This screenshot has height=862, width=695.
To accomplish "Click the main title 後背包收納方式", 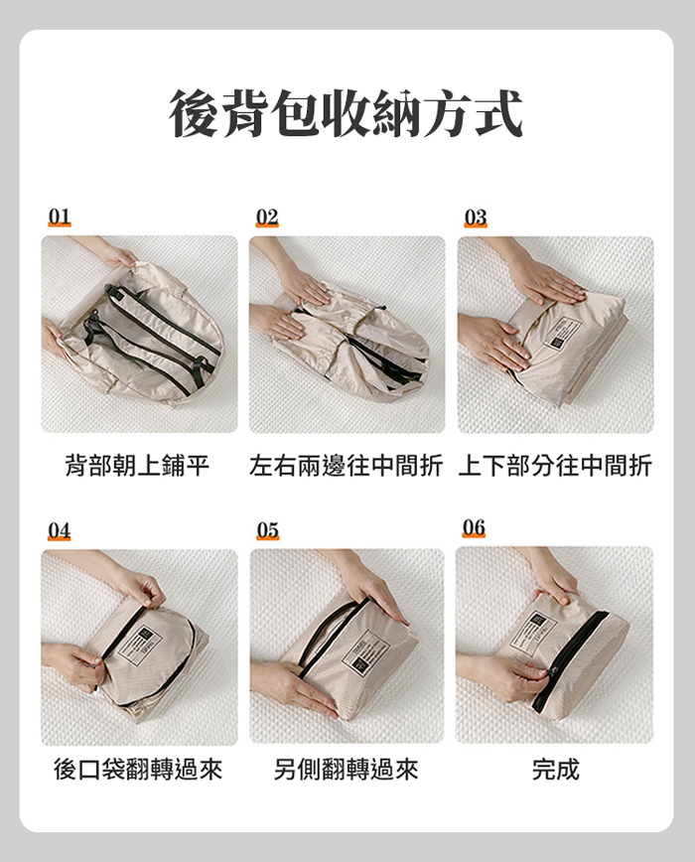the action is point(347,114).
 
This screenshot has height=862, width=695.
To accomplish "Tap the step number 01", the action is point(60,217).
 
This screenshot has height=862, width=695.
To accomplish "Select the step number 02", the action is point(267,217).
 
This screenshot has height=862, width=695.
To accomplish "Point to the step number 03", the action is point(476,217).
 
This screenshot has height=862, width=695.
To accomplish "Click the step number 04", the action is point(60,530).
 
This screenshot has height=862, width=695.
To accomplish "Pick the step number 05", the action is point(267,530).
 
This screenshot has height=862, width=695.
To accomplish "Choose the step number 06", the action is point(474,527).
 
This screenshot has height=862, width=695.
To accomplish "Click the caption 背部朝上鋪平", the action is point(137,465).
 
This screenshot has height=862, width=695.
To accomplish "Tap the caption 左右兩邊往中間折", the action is point(347,465).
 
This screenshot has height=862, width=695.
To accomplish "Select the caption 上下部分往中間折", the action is point(555,465).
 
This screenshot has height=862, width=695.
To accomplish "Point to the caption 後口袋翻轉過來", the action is point(138,769).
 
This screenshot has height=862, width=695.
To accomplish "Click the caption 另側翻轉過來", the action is point(347,769).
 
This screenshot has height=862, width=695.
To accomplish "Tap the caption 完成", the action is point(555,769).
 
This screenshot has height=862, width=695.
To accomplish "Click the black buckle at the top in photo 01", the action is point(111,291).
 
